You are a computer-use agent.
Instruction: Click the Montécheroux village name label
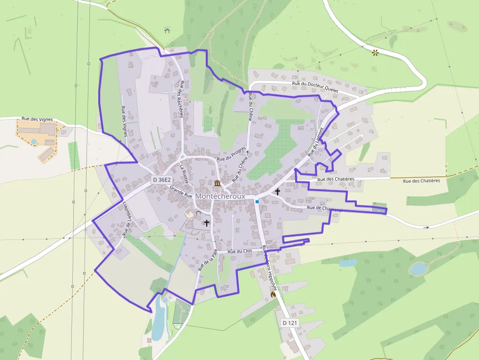pyautogui.click(x=220, y=195)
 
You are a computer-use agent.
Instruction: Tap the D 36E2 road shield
pyautogui.click(x=161, y=180)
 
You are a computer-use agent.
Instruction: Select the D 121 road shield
pyautogui.click(x=290, y=323)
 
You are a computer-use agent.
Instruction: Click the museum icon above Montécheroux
pyautogui.click(x=217, y=183)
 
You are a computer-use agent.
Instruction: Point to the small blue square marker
pyautogui.click(x=257, y=201)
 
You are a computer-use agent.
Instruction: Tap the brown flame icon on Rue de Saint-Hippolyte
pyautogui.click(x=273, y=294)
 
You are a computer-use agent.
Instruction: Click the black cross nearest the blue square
pyautogui.click(x=278, y=191)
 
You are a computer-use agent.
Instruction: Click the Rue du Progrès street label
pyautogui.click(x=231, y=155)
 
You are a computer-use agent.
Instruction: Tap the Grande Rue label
pyautogui.click(x=180, y=191)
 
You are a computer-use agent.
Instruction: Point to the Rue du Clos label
pyautogui.click(x=240, y=251)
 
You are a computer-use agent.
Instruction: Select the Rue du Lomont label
pyautogui.click(x=316, y=142)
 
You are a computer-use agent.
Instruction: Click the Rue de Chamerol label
pyautogui.click(x=324, y=209)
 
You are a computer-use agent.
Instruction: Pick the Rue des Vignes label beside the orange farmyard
pyautogui.click(x=37, y=119)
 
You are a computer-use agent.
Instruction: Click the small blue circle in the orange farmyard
pyautogui.click(x=34, y=142)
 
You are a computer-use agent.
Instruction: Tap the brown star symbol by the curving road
pyautogui.click(x=375, y=52)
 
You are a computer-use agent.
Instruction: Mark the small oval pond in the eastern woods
pyautogui.click(x=418, y=268)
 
